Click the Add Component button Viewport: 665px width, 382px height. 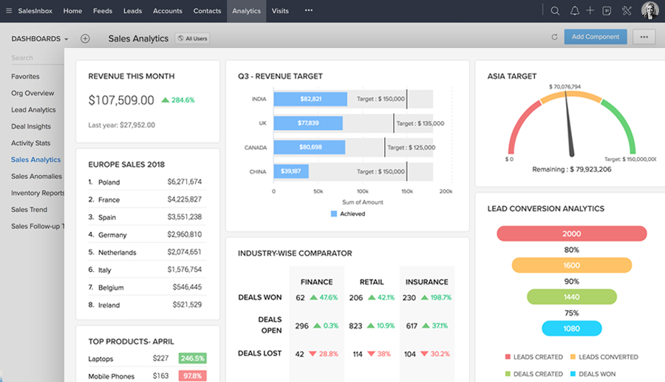pos(596,37)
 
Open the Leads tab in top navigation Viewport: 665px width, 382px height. pos(133,11)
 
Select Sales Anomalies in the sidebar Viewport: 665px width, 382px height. pos(36,177)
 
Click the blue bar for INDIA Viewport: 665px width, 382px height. pos(310,99)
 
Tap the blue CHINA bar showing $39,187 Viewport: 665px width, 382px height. pos(291,171)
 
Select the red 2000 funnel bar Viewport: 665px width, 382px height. pos(571,233)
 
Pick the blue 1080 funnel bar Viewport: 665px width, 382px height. pos(571,328)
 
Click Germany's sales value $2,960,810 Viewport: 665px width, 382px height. pos(184,234)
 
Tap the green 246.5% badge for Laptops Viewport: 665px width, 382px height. pos(192,358)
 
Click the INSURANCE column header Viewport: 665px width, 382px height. pos(426,282)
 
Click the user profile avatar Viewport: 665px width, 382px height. pos(649,10)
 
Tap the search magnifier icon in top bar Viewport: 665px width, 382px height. pos(555,11)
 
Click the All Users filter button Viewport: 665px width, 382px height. pos(192,38)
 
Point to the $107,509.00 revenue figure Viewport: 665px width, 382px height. pos(121,100)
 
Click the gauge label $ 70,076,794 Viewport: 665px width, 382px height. pos(565,87)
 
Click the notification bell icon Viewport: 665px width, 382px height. pos(575,11)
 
